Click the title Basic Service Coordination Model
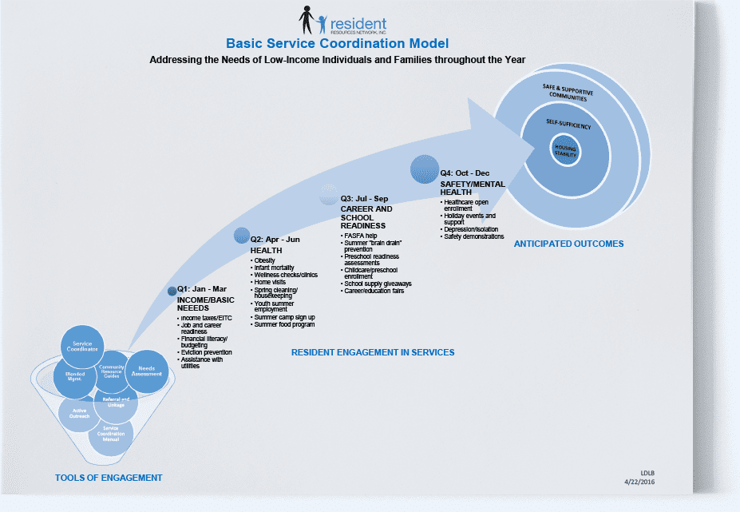click(337, 44)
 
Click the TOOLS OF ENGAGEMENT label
click(109, 478)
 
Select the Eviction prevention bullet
click(206, 352)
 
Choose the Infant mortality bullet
click(275, 268)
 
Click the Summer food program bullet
click(285, 324)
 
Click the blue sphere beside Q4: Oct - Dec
click(424, 169)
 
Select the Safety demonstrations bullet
click(473, 236)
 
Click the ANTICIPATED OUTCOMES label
click(568, 244)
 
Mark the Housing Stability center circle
click(565, 150)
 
